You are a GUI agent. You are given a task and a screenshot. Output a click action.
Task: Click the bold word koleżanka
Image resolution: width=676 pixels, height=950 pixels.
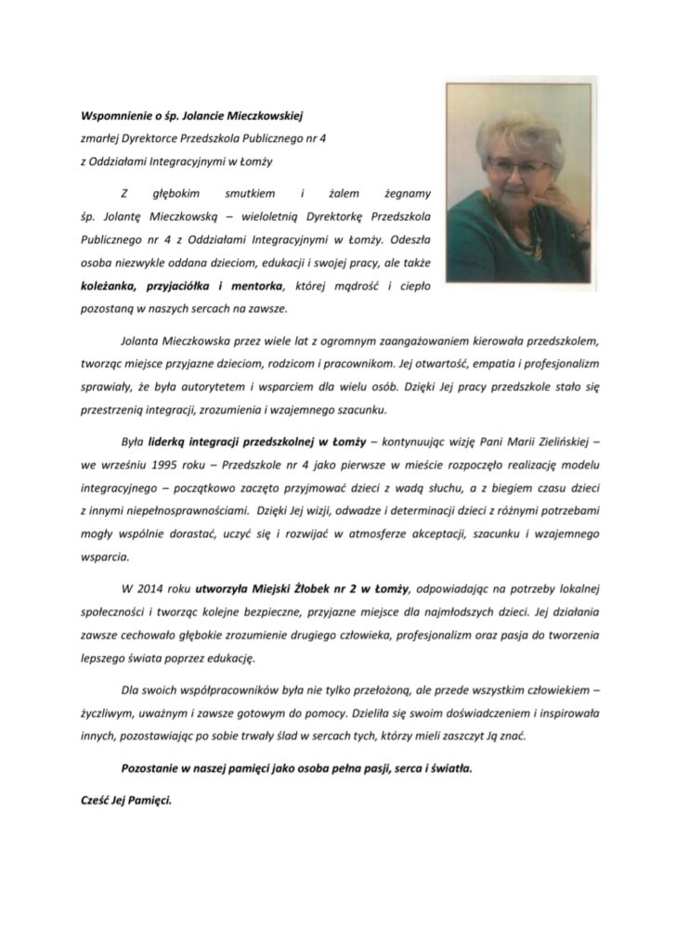[112, 285]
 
